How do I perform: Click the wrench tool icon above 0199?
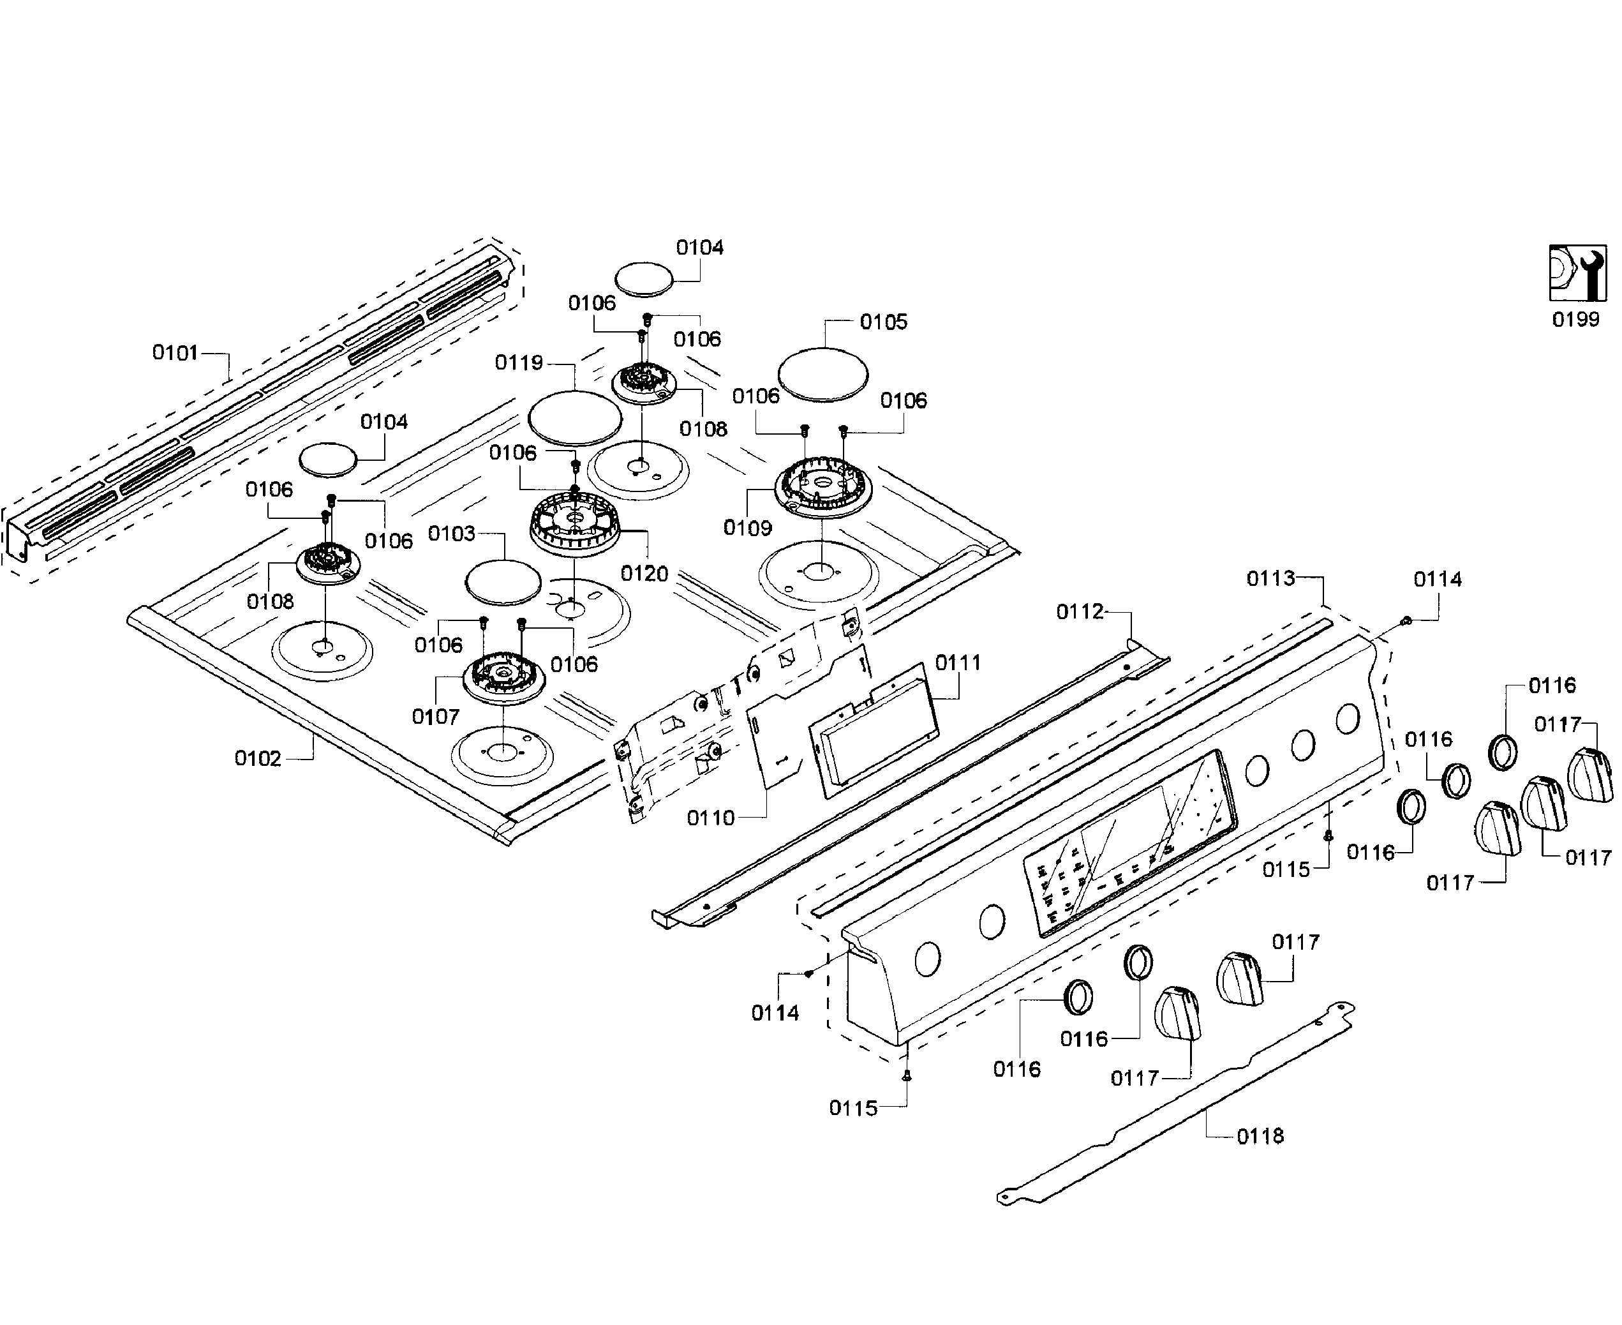(1576, 273)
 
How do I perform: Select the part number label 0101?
(175, 352)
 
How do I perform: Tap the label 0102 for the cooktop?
(258, 759)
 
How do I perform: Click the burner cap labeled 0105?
(823, 374)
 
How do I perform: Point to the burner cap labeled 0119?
(576, 417)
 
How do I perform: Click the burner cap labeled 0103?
(503, 581)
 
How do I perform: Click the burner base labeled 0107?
(504, 677)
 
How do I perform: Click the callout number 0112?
(1080, 611)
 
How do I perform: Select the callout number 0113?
(1270, 578)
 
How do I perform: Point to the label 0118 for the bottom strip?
(1260, 1137)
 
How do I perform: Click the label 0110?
(710, 818)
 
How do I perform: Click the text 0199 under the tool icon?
(1575, 319)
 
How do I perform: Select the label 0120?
(644, 574)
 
